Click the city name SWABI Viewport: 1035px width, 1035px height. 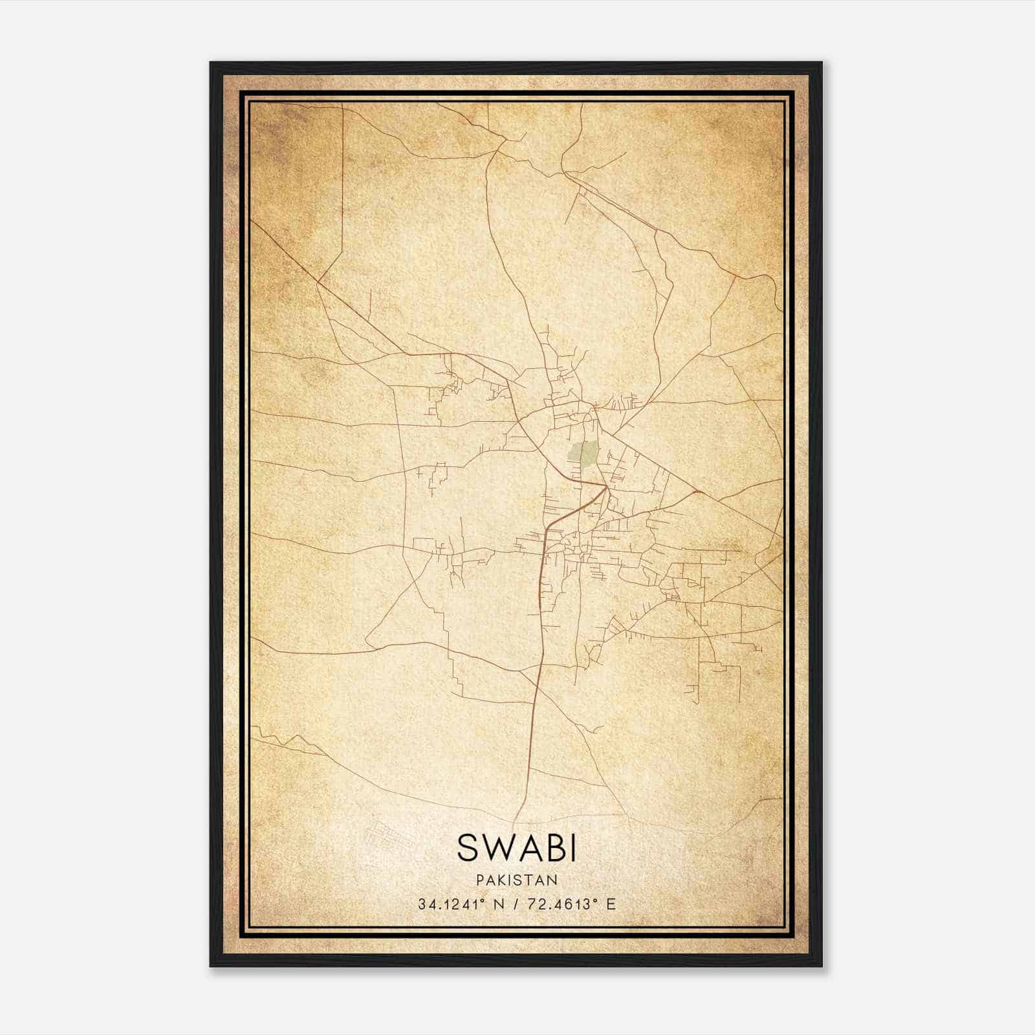tap(516, 847)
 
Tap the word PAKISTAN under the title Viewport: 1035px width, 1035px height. tap(516, 880)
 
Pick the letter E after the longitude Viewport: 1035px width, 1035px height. tap(611, 904)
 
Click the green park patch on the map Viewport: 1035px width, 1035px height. tap(583, 454)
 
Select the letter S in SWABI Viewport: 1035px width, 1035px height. tap(468, 847)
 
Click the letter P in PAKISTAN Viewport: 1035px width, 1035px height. tap(479, 880)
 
